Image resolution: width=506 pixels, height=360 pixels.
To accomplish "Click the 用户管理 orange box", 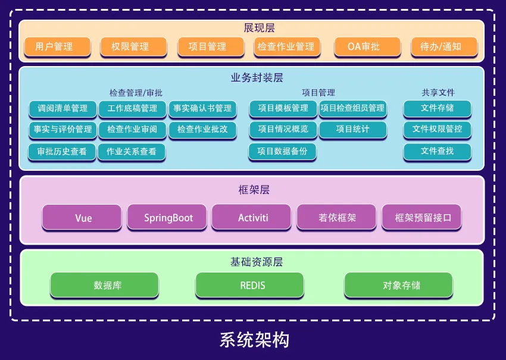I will (x=57, y=46).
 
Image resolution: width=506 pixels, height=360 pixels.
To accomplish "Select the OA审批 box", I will (x=363, y=46).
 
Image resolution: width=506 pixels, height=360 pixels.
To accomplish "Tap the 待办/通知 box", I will (x=441, y=46).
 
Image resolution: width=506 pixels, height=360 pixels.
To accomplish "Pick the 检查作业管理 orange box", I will (x=286, y=46).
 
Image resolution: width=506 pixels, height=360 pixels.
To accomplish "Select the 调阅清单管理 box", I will (x=63, y=108).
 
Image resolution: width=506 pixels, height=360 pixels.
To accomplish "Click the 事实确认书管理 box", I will (x=202, y=108).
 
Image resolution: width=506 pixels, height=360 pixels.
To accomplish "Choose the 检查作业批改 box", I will (x=202, y=129).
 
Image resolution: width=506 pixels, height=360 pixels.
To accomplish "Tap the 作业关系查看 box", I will (x=132, y=152).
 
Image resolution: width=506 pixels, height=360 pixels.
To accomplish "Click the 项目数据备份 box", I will (x=282, y=151).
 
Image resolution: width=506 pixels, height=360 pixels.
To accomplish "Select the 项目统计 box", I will (x=352, y=129).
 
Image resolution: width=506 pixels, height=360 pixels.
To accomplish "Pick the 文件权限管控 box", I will (x=437, y=129).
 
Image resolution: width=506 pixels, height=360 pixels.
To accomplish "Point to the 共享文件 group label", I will (x=438, y=93).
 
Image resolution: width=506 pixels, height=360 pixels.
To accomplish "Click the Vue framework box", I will (x=83, y=218).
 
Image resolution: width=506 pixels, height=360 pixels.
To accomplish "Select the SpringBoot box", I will (x=168, y=218).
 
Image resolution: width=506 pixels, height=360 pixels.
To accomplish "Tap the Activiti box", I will (x=252, y=218).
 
